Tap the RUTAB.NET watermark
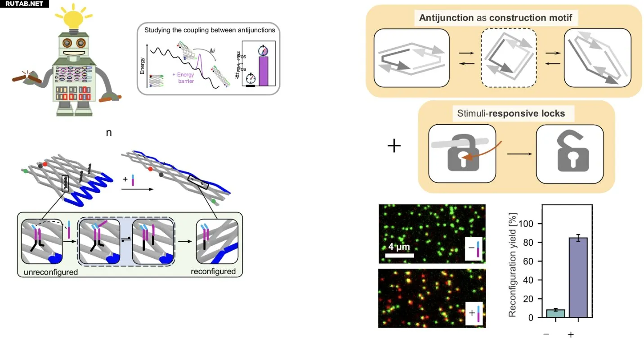click(x=24, y=4)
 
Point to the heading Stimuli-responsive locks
click(x=511, y=113)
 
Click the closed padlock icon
click(x=462, y=155)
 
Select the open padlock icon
click(x=570, y=155)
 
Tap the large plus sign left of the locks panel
click(x=394, y=146)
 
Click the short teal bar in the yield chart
click(x=555, y=313)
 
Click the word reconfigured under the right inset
click(x=213, y=271)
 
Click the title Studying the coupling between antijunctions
click(x=210, y=30)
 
